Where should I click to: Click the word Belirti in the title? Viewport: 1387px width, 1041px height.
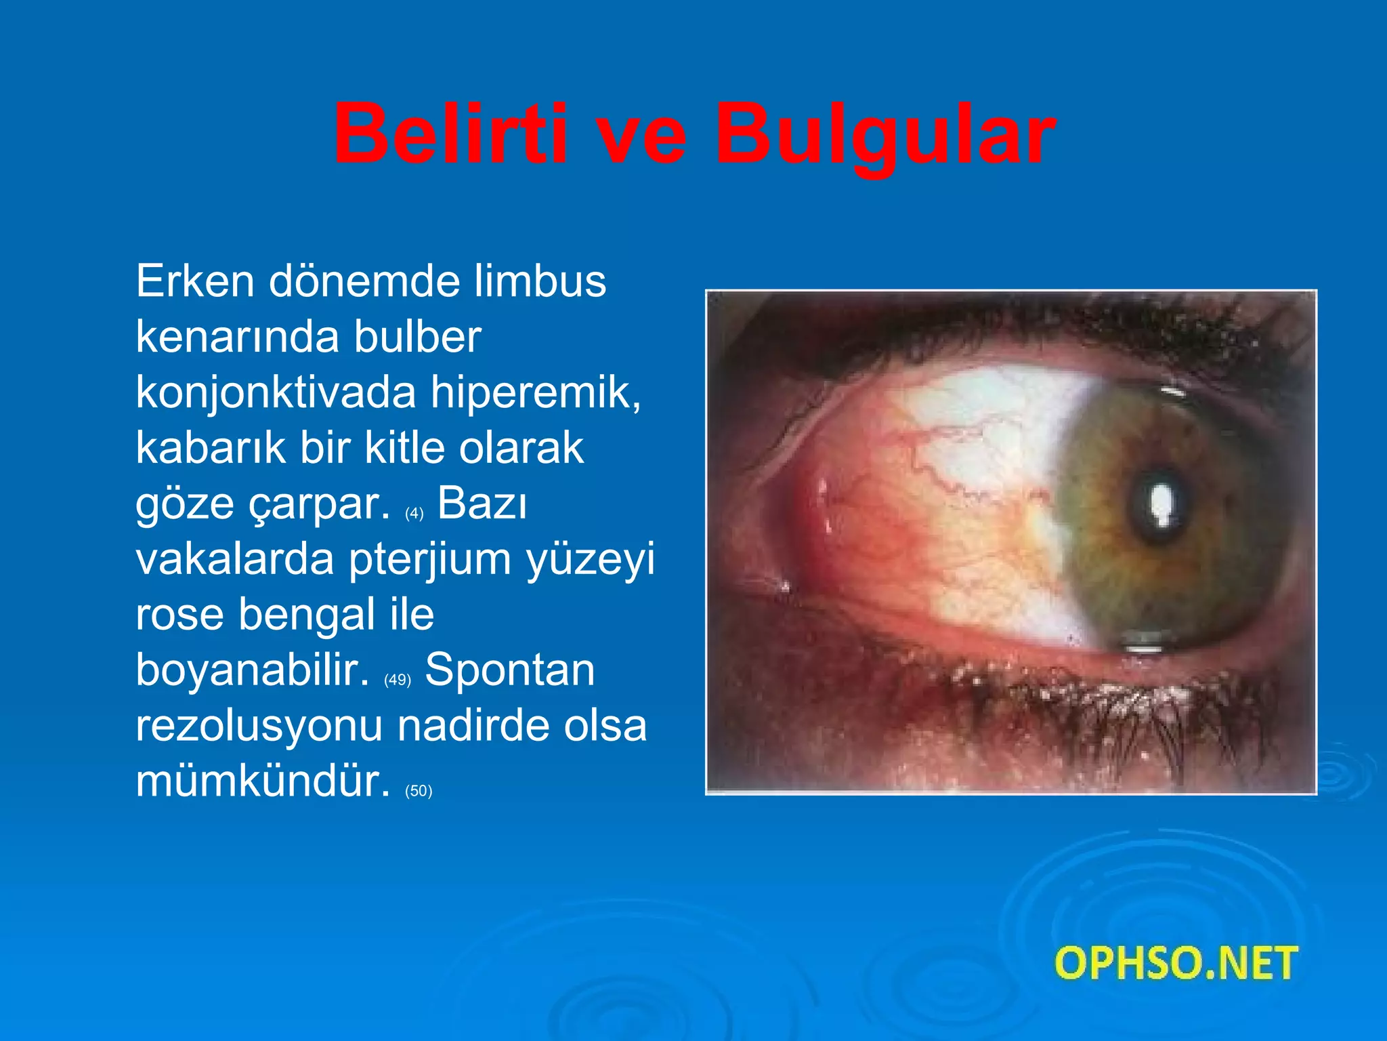[x=450, y=134]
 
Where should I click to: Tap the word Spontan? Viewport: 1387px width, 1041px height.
[x=509, y=670]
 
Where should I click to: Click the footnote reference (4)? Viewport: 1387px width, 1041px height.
[x=414, y=514]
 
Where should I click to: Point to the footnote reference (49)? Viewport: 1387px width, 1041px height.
[x=398, y=680]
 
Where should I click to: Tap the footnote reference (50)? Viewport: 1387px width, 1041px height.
[x=419, y=791]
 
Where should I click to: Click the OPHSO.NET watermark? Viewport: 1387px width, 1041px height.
[x=1176, y=963]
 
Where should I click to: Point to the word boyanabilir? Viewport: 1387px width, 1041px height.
[x=253, y=670]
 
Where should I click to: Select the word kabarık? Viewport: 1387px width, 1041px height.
[x=211, y=448]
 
